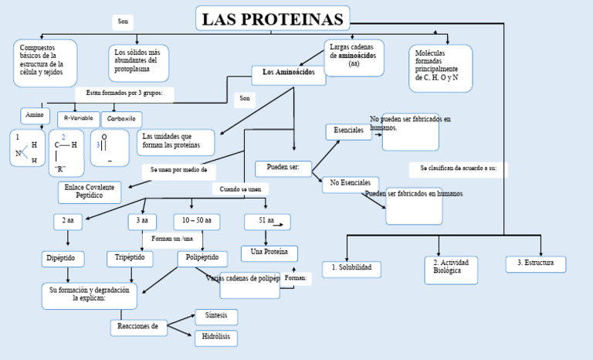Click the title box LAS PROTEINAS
point(272,19)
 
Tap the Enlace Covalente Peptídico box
point(90,192)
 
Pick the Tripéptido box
point(130,257)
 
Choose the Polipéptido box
point(202,257)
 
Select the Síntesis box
point(215,317)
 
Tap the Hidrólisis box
point(215,338)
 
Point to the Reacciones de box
point(138,327)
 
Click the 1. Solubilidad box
point(351,268)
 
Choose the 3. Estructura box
point(535,263)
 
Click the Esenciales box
point(348,131)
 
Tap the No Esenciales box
point(350,183)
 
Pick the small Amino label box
point(35,115)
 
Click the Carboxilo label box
point(121,119)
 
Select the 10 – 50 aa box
point(196,221)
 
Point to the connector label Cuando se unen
point(240,188)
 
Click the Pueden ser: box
point(283,168)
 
